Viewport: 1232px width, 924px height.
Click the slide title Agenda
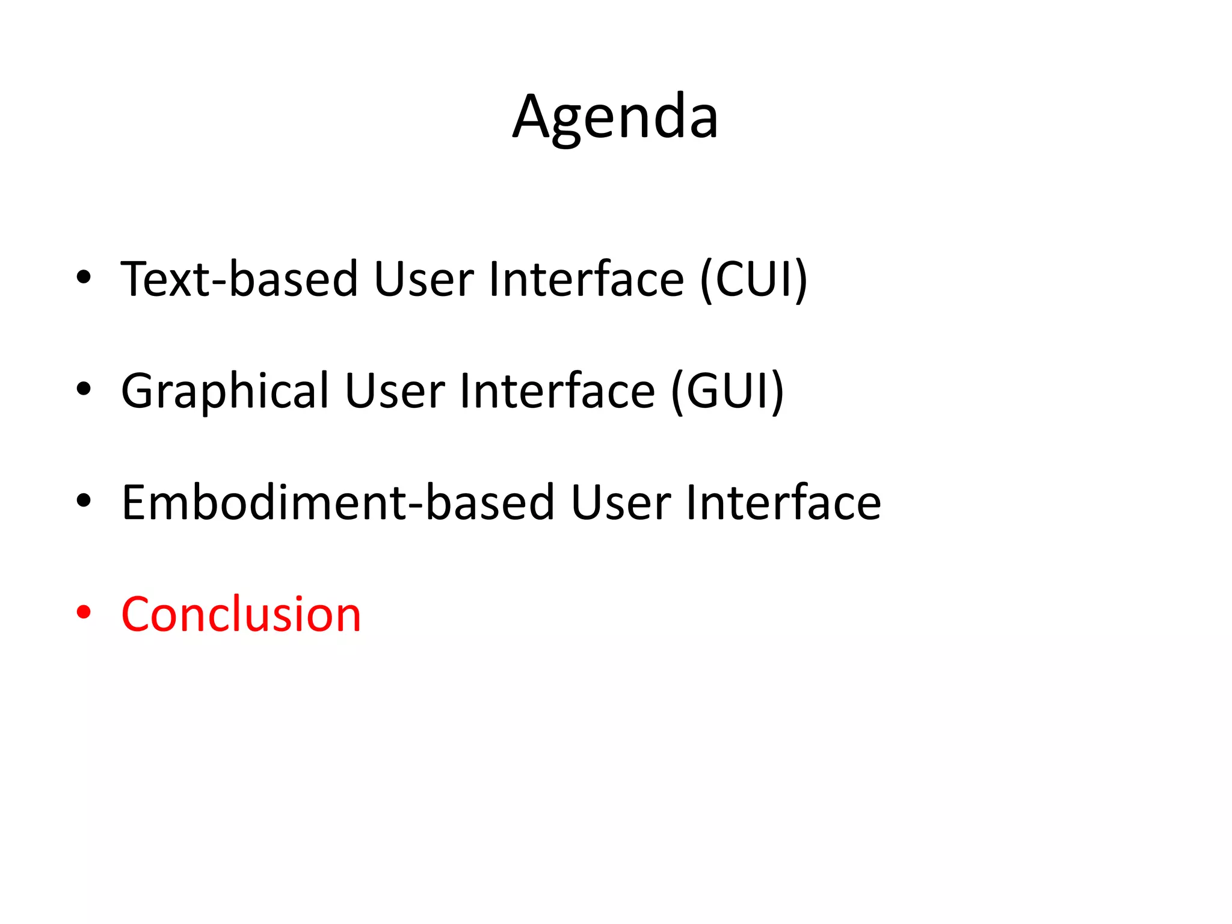(x=615, y=117)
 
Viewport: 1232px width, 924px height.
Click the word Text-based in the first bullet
(x=239, y=279)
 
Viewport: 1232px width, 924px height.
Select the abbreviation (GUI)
(x=727, y=391)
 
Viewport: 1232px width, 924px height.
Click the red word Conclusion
(x=241, y=614)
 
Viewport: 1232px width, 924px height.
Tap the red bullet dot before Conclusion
(x=84, y=612)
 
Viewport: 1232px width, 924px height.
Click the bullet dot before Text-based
(x=84, y=277)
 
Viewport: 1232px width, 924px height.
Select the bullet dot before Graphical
(x=84, y=389)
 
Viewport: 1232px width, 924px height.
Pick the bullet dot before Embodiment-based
(x=84, y=500)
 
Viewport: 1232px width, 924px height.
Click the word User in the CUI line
(x=423, y=279)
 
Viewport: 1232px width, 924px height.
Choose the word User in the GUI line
(x=395, y=391)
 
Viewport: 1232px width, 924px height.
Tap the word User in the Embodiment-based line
(x=621, y=502)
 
